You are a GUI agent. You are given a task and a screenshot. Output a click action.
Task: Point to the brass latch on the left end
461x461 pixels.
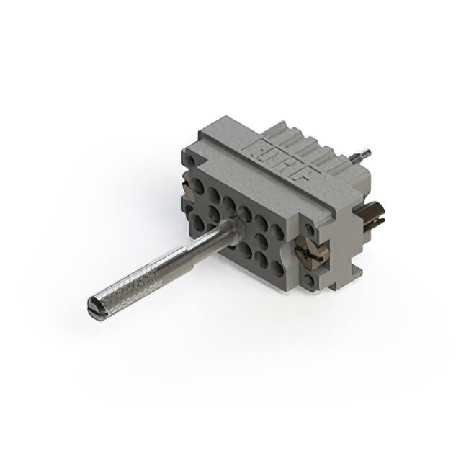coord(189,189)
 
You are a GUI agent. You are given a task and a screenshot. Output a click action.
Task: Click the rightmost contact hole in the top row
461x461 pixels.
coord(277,231)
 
